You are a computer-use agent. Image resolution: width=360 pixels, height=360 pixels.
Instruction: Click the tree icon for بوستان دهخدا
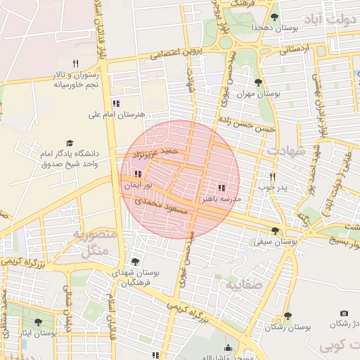tap(274, 18)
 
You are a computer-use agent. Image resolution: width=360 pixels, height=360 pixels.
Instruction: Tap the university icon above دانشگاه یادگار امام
tap(69, 143)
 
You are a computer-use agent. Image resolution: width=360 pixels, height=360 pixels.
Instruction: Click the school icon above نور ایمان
tap(138, 174)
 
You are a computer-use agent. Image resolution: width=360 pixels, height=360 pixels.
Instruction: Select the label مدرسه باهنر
tap(221, 200)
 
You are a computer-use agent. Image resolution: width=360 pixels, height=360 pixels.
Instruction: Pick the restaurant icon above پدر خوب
tap(272, 176)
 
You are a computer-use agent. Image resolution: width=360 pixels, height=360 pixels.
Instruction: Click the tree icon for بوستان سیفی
tap(275, 231)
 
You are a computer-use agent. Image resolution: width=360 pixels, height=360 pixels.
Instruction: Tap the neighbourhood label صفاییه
tap(243, 284)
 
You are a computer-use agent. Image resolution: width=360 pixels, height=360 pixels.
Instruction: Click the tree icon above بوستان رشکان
tap(287, 316)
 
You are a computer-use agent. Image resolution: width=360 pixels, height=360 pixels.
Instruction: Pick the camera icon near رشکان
tap(344, 313)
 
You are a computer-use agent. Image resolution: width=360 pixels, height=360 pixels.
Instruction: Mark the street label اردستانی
tap(293, 51)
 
